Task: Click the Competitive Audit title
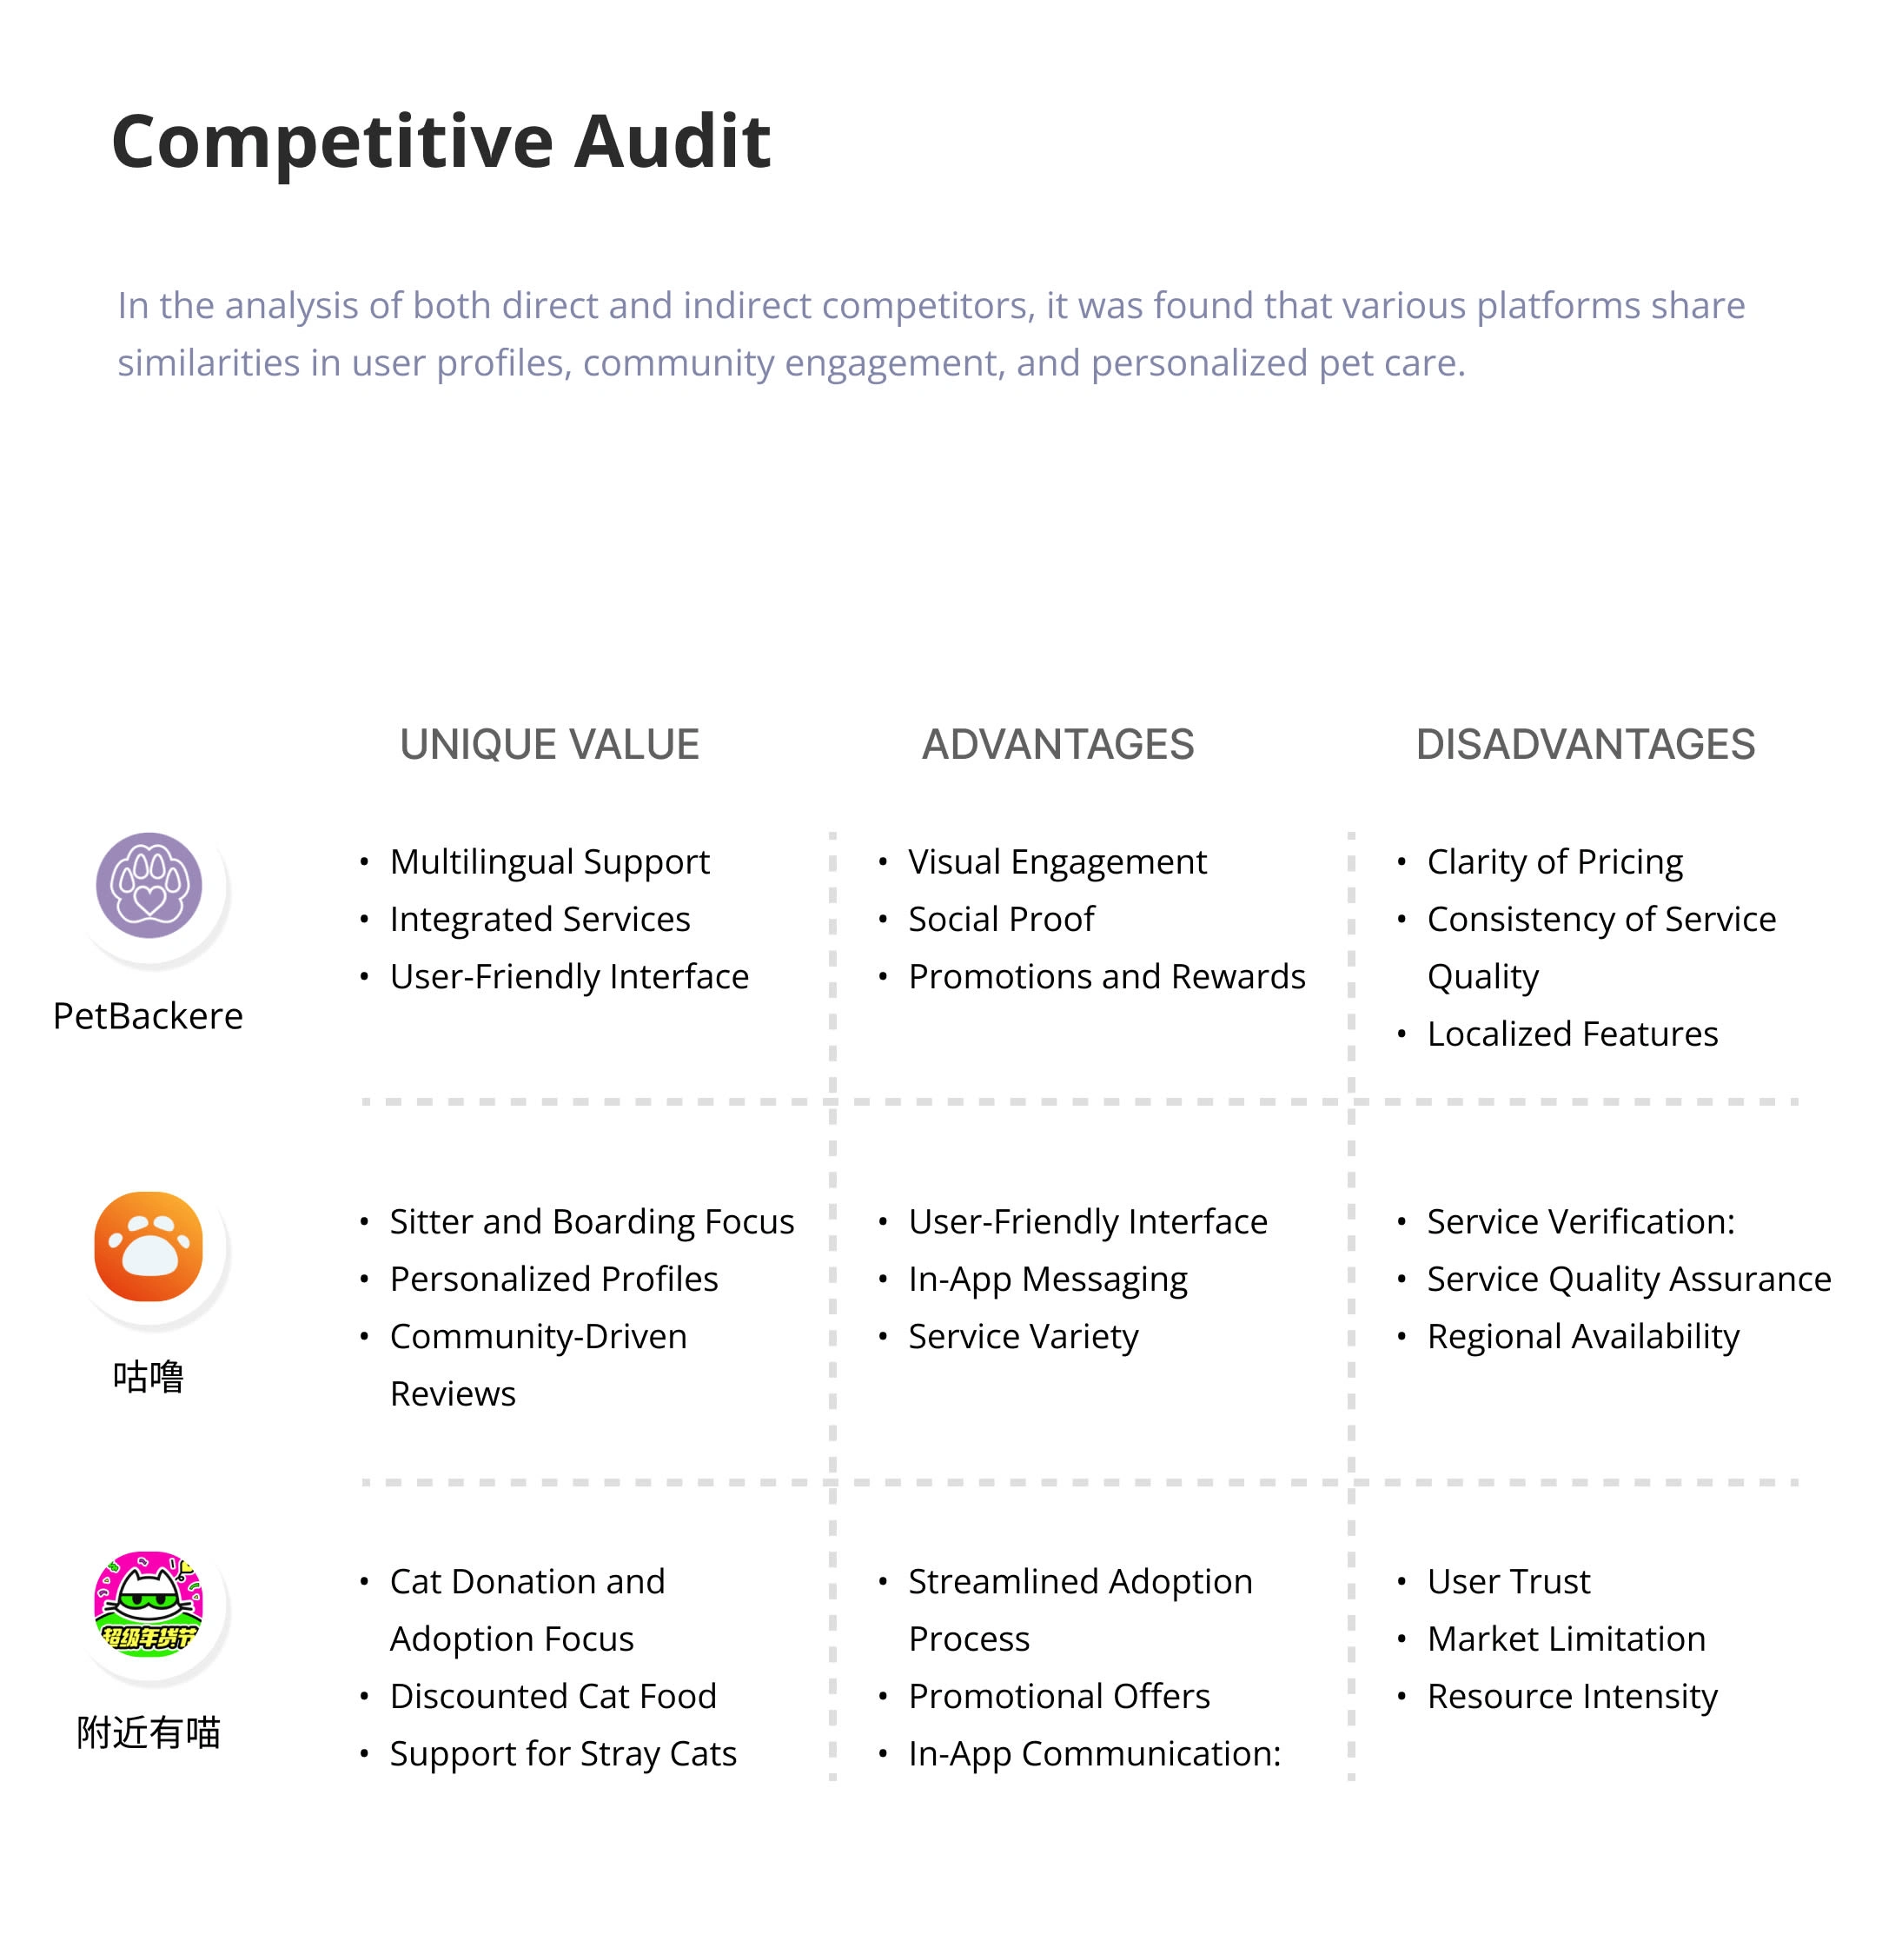pyautogui.click(x=441, y=141)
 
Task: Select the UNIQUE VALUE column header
pyautogui.click(x=548, y=744)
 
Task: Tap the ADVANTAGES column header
pyautogui.click(x=1057, y=744)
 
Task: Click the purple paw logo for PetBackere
pyautogui.click(x=149, y=885)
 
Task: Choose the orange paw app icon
pyautogui.click(x=149, y=1246)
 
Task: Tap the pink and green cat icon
pyautogui.click(x=149, y=1603)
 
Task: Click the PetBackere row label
pyautogui.click(x=148, y=1016)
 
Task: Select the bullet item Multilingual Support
pyautogui.click(x=549, y=861)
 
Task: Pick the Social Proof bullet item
pyautogui.click(x=1001, y=920)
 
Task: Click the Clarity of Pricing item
pyautogui.click(x=1554, y=861)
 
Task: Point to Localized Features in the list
pyautogui.click(x=1572, y=1034)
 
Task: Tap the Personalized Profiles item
pyautogui.click(x=553, y=1280)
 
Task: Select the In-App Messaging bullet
pyautogui.click(x=1047, y=1280)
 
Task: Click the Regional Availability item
pyautogui.click(x=1583, y=1337)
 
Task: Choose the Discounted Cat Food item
pyautogui.click(x=553, y=1697)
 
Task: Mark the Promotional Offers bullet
pyautogui.click(x=1058, y=1697)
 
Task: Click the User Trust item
pyautogui.click(x=1508, y=1581)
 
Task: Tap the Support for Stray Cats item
pyautogui.click(x=562, y=1754)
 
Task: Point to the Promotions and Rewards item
pyautogui.click(x=1106, y=977)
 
